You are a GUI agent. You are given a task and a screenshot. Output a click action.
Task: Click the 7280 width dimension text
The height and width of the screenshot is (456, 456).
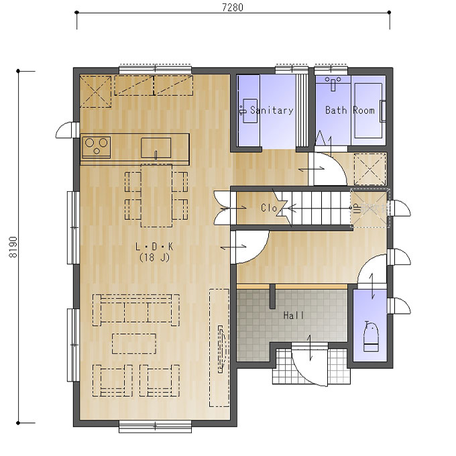[233, 7]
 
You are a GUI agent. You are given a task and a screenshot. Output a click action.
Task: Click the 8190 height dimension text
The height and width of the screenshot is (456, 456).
[13, 247]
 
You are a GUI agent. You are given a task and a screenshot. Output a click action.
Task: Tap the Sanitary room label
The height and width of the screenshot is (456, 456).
[272, 110]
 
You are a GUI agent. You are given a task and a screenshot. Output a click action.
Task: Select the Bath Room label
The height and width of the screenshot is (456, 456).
[349, 110]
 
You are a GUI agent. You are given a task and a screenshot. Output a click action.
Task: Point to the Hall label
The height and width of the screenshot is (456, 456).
[294, 315]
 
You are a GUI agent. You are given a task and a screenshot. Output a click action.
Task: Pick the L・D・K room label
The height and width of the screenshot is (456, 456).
[154, 247]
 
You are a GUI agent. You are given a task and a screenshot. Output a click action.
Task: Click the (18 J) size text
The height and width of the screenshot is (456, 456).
[154, 258]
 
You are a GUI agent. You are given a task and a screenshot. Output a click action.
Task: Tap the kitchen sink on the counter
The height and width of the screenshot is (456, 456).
[156, 148]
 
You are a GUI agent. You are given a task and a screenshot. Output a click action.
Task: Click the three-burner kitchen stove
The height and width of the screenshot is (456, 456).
[97, 147]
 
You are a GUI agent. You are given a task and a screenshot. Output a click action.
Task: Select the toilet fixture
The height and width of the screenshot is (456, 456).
[370, 337]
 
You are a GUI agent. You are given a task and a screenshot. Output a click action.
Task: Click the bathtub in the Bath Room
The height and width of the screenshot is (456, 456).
[368, 111]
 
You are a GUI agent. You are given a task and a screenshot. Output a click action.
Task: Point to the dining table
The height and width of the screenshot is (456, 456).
[156, 195]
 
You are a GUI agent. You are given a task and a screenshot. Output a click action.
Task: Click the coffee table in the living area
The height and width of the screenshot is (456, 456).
[134, 344]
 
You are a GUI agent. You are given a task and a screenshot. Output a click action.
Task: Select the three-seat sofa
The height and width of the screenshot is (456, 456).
[136, 310]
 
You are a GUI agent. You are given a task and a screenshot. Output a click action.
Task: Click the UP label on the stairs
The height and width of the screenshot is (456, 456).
[357, 209]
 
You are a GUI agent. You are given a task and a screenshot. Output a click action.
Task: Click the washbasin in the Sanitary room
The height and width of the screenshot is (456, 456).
[249, 111]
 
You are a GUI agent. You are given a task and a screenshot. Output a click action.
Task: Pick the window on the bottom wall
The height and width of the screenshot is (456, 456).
[156, 426]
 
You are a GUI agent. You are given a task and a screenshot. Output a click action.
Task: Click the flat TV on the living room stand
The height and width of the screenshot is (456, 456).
[221, 349]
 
